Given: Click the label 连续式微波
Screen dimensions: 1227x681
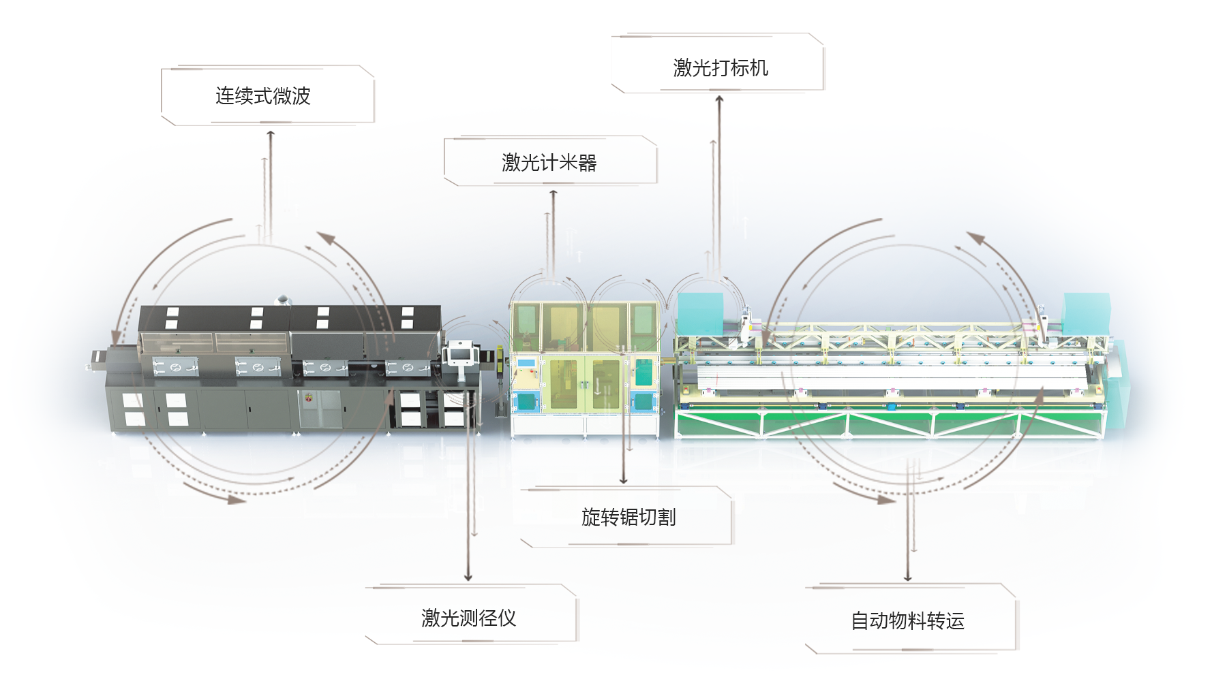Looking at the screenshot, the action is click(263, 96).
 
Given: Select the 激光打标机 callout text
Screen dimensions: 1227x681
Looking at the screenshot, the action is click(721, 68).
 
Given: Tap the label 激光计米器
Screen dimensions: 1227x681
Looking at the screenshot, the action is click(549, 163).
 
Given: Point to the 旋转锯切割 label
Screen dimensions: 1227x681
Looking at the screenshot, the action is click(628, 518).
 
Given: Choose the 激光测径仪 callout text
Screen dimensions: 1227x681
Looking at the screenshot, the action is click(469, 618).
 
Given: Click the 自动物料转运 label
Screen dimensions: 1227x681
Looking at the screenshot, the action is click(907, 621).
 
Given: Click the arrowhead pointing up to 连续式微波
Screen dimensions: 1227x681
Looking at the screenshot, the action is click(271, 134).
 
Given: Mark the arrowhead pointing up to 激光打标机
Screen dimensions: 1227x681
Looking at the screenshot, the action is click(719, 99).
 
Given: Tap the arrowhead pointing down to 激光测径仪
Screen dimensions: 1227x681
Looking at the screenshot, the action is click(468, 577).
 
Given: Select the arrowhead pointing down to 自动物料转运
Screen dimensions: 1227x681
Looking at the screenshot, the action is click(907, 577).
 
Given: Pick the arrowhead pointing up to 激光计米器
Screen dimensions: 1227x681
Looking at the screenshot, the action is click(554, 194).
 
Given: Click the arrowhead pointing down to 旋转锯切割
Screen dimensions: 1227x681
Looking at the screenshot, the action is click(623, 480).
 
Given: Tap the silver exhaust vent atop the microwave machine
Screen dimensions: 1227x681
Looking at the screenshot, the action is click(282, 300).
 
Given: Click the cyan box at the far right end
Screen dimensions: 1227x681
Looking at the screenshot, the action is click(1087, 313).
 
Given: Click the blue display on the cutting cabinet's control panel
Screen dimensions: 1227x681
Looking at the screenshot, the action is click(525, 362).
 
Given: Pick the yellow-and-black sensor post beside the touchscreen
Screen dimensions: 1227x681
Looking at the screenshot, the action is click(500, 361).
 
